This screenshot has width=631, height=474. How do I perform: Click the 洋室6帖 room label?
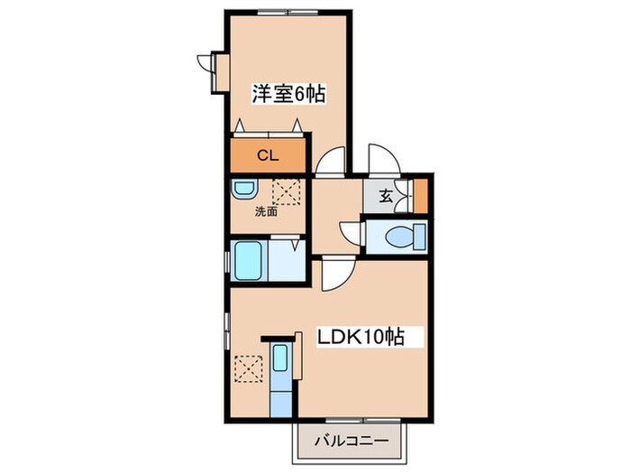(x=288, y=92)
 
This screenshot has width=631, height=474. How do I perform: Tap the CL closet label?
(x=269, y=154)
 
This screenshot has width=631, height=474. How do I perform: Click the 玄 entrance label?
(x=385, y=196)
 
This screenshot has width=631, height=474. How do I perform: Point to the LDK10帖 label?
(x=359, y=338)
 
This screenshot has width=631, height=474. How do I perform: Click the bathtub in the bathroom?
(x=250, y=260)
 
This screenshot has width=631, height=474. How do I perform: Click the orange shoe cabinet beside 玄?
(x=420, y=195)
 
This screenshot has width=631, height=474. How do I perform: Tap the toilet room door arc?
(x=349, y=230)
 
